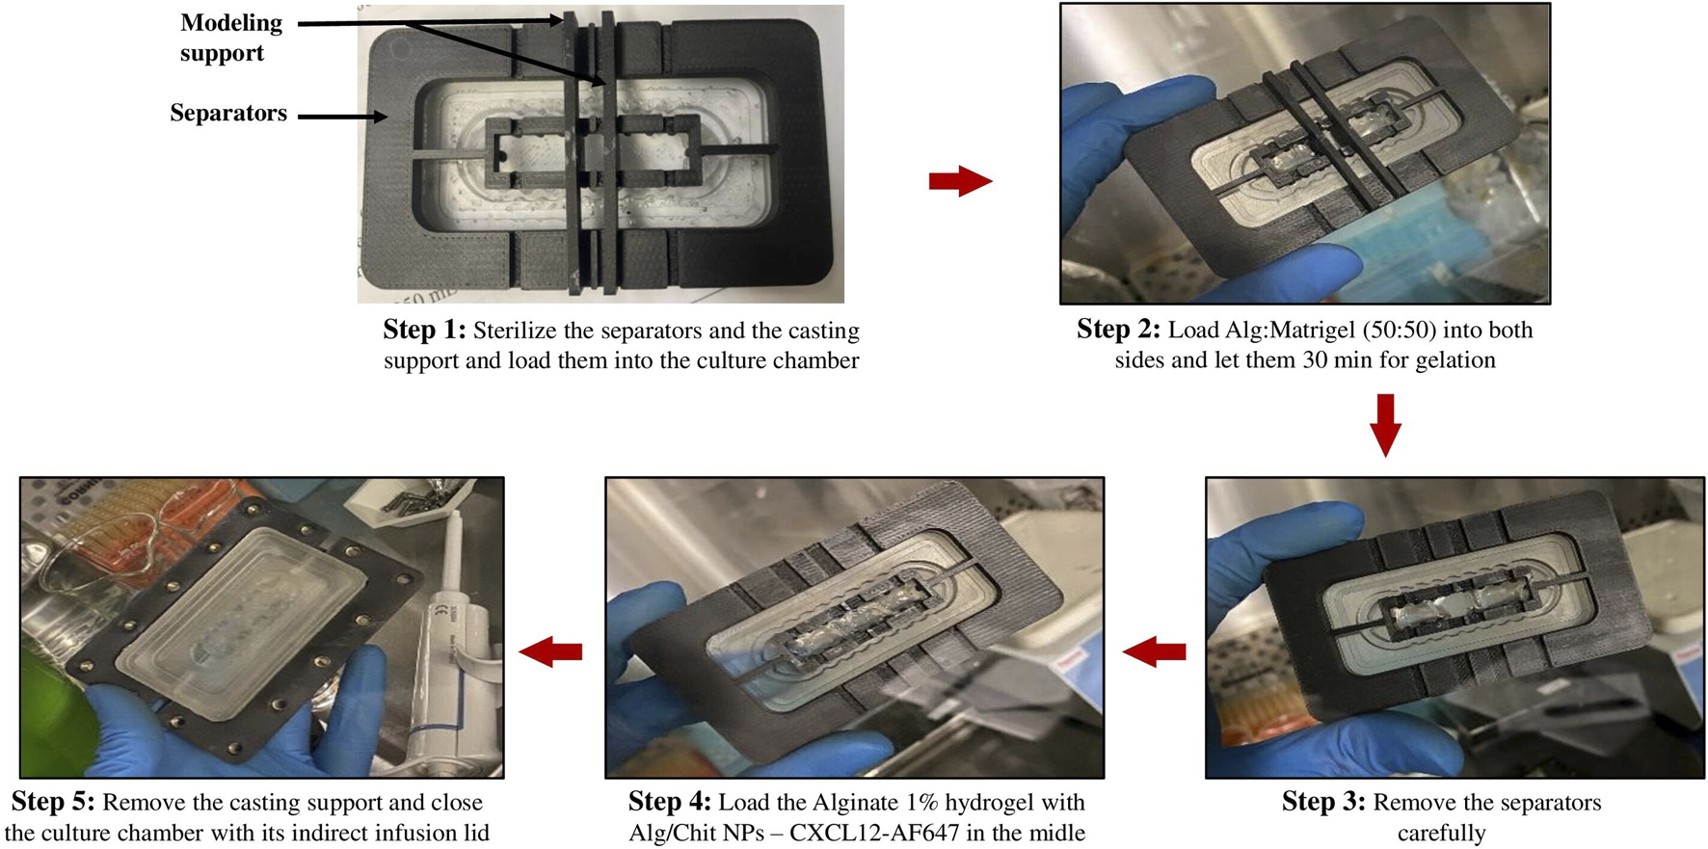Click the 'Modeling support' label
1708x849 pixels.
tap(230, 38)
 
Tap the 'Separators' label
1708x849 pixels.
tap(228, 113)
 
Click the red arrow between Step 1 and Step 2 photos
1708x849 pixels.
tap(960, 181)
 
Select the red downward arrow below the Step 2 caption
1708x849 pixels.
tap(1385, 424)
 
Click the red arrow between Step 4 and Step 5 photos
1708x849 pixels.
tap(550, 652)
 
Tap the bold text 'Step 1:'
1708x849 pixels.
tap(424, 331)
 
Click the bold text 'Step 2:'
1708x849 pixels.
tap(1118, 330)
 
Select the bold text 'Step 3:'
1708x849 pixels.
tap(1323, 802)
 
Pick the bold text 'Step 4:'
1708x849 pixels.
tap(670, 802)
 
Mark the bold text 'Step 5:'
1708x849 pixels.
tap(53, 802)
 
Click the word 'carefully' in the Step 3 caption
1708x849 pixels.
tap(1441, 833)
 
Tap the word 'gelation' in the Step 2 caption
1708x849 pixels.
tap(1454, 360)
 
